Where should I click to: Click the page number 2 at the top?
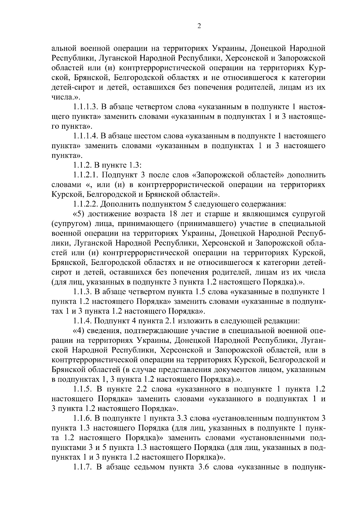199,26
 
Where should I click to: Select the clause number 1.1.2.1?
85,175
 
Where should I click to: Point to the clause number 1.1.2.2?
85,204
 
